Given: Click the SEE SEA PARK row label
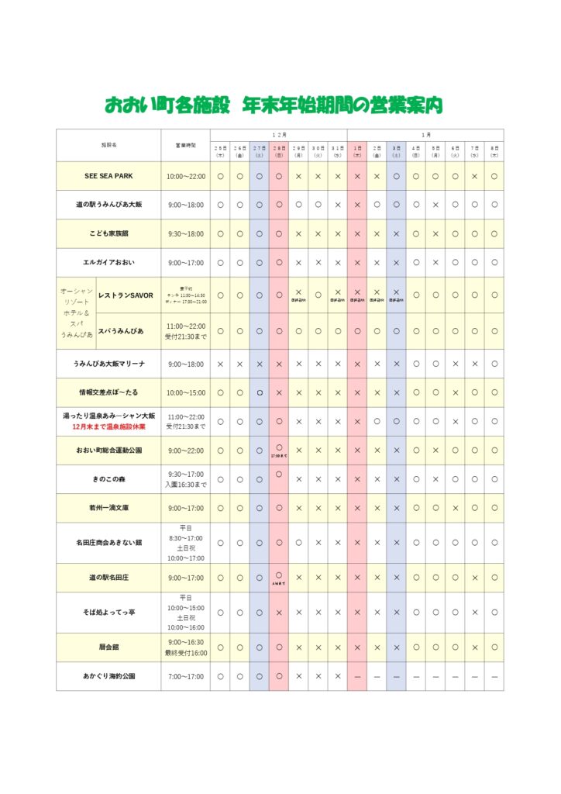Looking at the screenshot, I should pyautogui.click(x=108, y=176).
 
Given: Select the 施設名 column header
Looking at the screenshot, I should pyautogui.click(x=108, y=145).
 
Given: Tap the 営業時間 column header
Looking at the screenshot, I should pyautogui.click(x=186, y=145).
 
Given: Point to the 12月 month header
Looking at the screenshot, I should pyautogui.click(x=279, y=134).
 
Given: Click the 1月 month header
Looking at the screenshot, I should pyautogui.click(x=425, y=134).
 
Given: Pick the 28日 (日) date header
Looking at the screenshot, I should pyautogui.click(x=279, y=150).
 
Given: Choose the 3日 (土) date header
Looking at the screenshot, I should pyautogui.click(x=396, y=150).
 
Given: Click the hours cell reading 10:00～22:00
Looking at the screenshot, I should pyautogui.click(x=186, y=176).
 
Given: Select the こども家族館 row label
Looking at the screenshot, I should pyautogui.click(x=108, y=233).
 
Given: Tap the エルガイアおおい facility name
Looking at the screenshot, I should pyautogui.click(x=108, y=263).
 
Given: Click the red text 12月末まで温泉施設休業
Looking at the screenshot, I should pyautogui.click(x=108, y=427).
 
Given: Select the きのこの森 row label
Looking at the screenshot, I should pyautogui.click(x=108, y=479).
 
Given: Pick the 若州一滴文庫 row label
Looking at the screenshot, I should pyautogui.click(x=108, y=508).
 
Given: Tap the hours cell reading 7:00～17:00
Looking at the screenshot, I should pyautogui.click(x=186, y=676).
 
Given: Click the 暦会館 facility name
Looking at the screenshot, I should pyautogui.click(x=108, y=647).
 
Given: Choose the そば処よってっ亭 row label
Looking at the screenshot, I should pyautogui.click(x=108, y=613).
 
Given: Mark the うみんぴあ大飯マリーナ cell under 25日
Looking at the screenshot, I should pyautogui.click(x=220, y=364).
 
